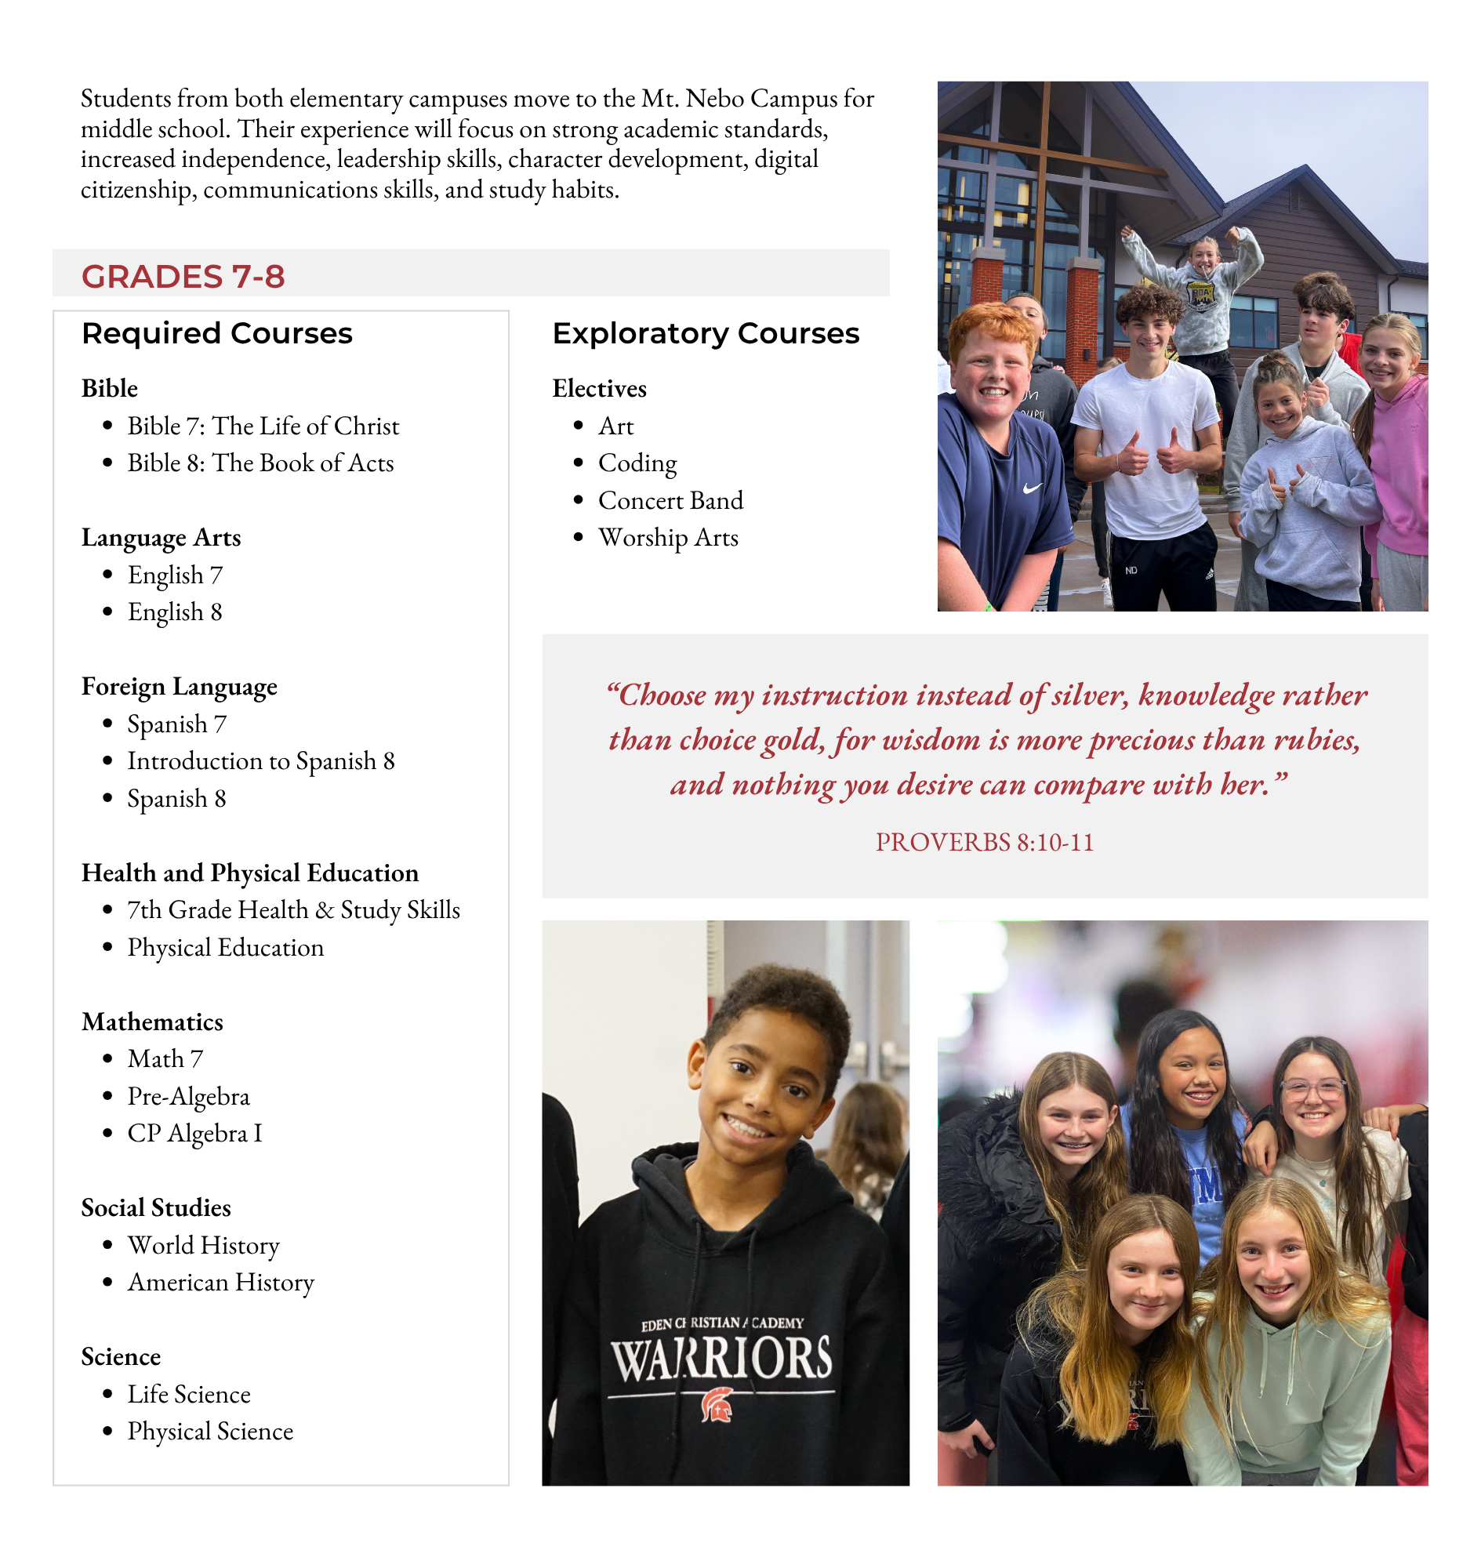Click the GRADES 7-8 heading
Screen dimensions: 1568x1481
coord(183,277)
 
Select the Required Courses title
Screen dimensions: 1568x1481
coord(217,333)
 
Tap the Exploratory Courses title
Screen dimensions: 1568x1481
coord(706,333)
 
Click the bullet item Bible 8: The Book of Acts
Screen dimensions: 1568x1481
coord(260,463)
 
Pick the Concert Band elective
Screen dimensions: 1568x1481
coord(670,500)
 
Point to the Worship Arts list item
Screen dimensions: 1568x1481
coord(668,538)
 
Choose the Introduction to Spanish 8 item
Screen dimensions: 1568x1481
coord(260,761)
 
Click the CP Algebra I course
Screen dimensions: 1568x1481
coord(194,1134)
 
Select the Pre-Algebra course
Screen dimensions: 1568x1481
coord(189,1097)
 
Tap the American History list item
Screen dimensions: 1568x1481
coord(221,1283)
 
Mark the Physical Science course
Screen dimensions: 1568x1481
coord(210,1432)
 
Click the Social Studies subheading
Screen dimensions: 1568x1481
coord(156,1208)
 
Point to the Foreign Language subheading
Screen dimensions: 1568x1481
coord(180,687)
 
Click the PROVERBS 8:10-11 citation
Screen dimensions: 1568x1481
coord(985,843)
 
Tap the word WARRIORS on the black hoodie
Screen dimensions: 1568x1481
coord(721,1359)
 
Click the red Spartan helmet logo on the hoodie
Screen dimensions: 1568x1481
coord(717,1406)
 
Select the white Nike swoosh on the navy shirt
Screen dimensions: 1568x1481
coord(1032,488)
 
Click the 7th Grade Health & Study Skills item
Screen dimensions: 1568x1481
coord(294,910)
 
